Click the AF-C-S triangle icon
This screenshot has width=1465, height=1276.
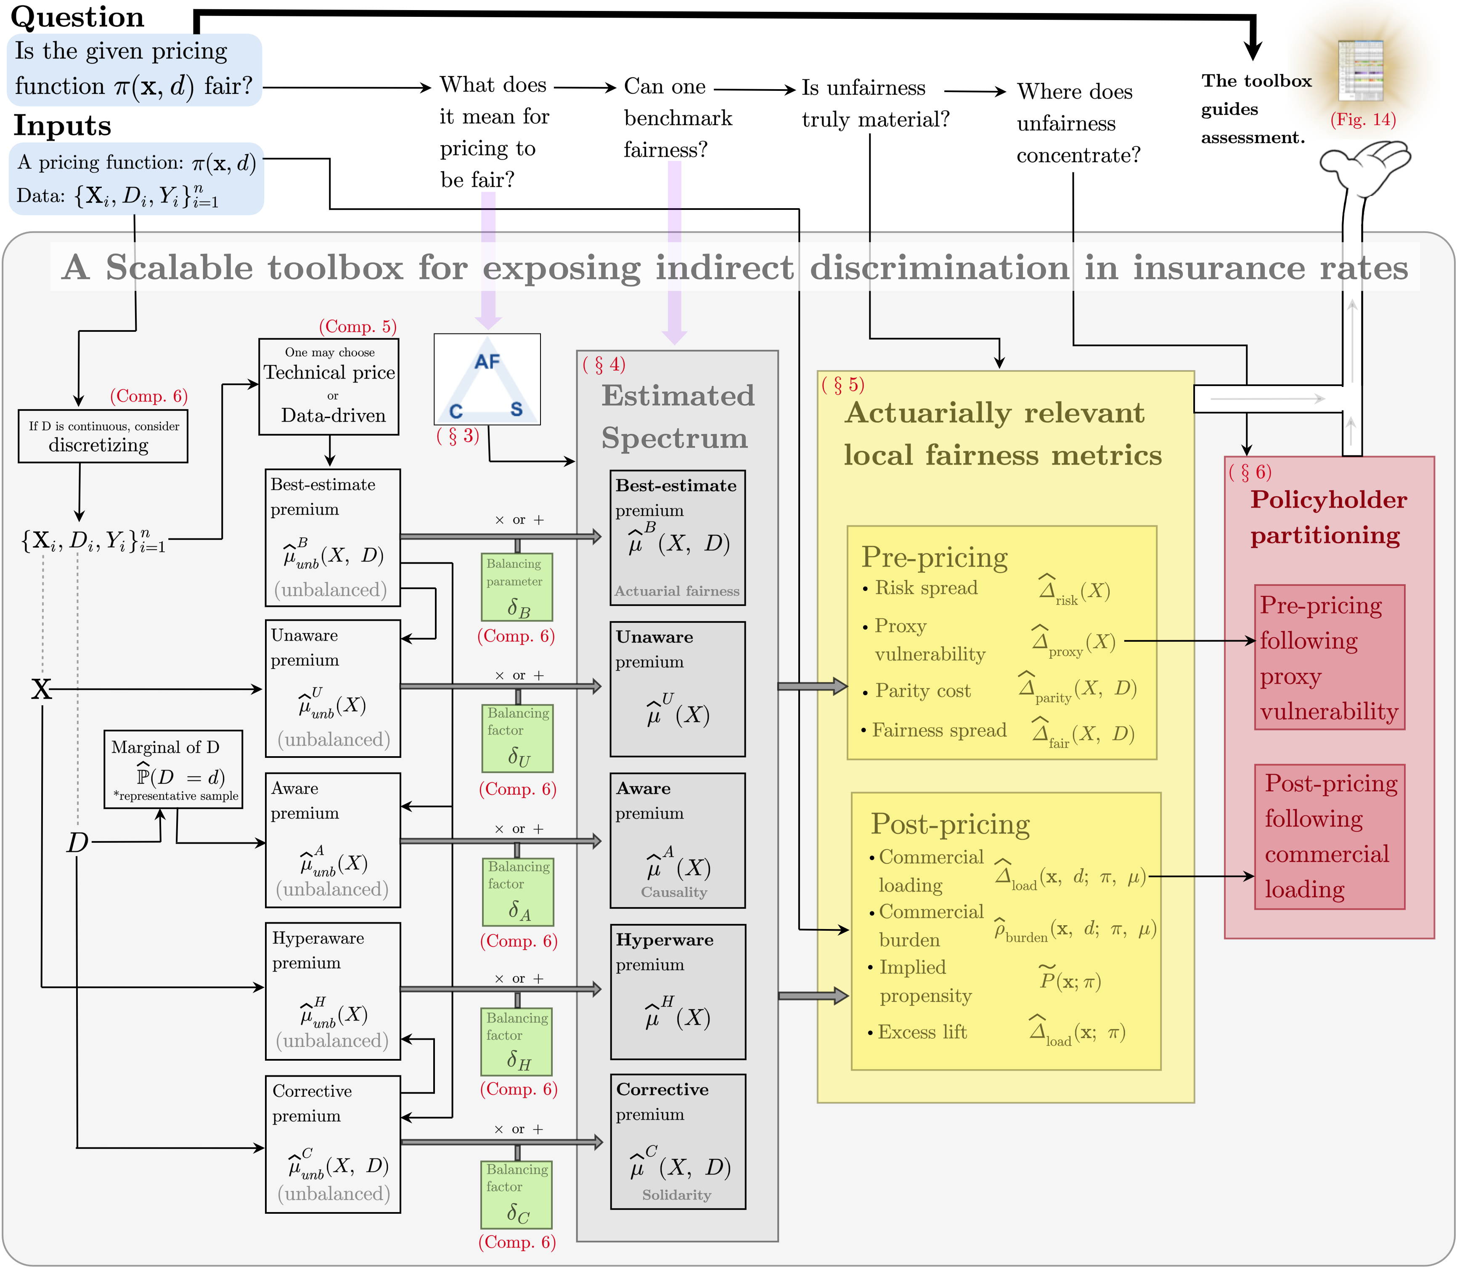(x=487, y=379)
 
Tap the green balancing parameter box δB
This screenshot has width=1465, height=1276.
(x=517, y=587)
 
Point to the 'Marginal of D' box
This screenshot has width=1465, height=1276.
(x=173, y=769)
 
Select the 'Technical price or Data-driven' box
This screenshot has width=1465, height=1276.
(x=329, y=387)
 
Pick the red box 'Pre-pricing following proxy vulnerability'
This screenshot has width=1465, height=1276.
(x=1330, y=657)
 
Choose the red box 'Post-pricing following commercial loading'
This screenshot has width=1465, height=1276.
(x=1330, y=837)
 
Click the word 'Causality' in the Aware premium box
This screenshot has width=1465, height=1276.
(x=674, y=892)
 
